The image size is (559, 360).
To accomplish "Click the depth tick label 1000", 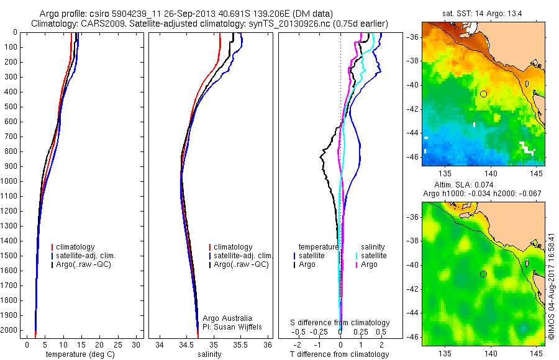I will point(9,181).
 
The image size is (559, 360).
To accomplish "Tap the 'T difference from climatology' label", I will point(339,354).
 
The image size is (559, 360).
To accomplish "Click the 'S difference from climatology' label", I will point(340,323).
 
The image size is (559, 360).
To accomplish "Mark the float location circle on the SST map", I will point(483,94).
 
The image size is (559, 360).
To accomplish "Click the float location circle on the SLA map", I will point(483,274).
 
